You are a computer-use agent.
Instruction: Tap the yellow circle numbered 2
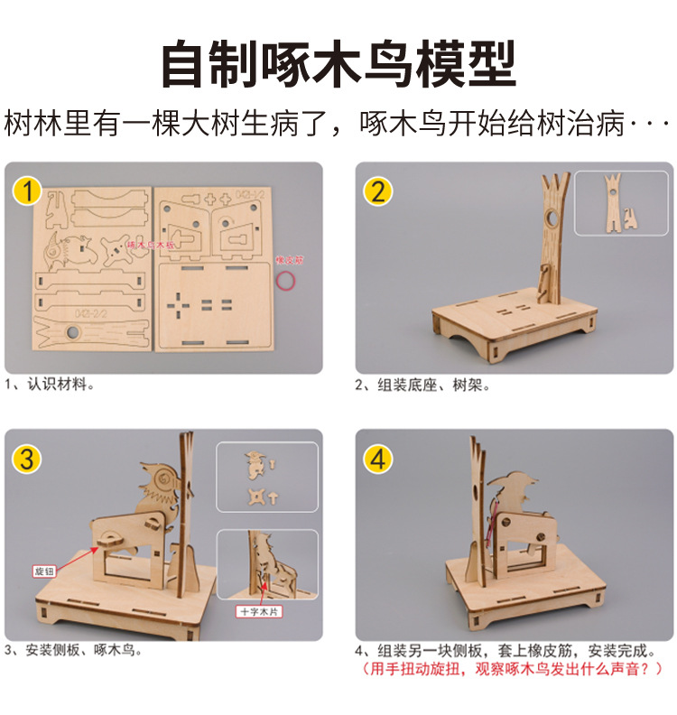378,191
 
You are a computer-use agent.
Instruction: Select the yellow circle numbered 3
27,459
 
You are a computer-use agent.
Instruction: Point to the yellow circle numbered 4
378,459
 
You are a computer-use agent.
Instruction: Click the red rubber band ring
287,281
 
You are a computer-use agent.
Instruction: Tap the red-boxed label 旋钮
43,571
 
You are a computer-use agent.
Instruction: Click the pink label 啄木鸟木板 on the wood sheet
149,244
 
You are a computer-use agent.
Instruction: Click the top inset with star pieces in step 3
266,479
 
